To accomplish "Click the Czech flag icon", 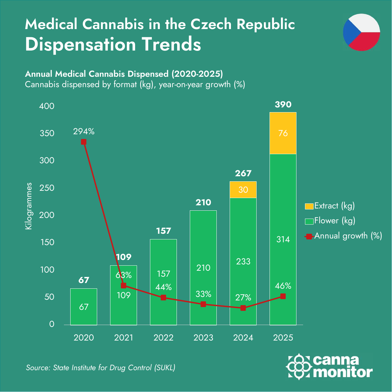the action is coord(361,32).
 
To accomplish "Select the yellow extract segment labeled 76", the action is coord(283,133).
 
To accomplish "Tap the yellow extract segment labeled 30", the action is coord(243,190).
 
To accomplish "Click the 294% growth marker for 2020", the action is coord(84,142).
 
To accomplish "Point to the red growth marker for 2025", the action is coord(283,296).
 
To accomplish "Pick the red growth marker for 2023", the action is coord(203,304).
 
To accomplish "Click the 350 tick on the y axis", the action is coord(47,133).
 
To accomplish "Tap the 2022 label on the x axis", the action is coord(163,338).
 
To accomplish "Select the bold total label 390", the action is coord(283,104).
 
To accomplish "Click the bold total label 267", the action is coord(243,173).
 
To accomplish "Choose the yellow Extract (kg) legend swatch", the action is coord(309,206).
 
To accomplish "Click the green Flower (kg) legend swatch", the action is coord(309,221).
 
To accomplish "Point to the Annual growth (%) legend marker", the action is coord(309,237).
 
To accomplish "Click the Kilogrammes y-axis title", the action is coord(28,206).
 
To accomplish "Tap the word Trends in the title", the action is coord(171,44).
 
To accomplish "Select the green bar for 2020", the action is coord(84,307).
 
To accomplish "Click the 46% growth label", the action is coord(283,286).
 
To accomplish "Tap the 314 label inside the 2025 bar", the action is coord(283,239).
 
